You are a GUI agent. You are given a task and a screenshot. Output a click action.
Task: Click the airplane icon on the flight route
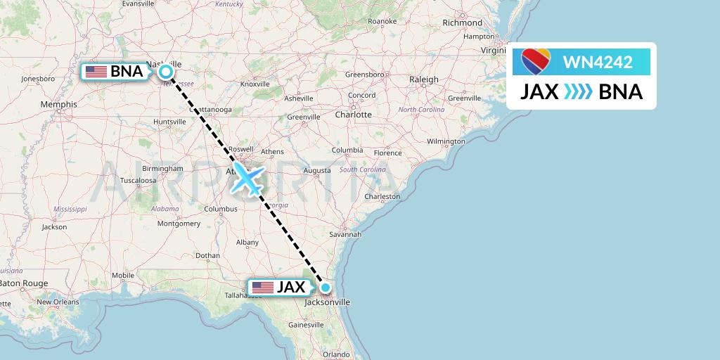246,179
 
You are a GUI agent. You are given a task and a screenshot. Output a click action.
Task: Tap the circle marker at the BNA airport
166,71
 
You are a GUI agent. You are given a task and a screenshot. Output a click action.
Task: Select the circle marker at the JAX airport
326,287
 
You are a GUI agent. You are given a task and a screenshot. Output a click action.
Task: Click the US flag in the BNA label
96,71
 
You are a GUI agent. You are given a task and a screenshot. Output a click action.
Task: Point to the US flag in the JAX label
262,287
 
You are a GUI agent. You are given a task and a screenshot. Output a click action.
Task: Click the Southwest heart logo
536,62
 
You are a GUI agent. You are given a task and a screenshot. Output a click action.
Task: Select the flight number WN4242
598,63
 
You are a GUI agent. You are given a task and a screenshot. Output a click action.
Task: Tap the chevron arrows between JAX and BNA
579,92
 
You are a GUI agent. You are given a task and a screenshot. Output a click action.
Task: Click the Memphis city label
58,104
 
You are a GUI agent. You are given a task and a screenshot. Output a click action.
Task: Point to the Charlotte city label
353,114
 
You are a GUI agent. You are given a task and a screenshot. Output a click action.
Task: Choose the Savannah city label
345,234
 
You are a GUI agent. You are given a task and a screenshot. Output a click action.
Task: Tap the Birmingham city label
162,169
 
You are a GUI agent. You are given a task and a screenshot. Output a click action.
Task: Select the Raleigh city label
424,79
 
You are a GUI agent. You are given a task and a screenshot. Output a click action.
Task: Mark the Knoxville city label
255,84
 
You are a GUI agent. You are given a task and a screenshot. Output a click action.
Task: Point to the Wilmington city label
446,141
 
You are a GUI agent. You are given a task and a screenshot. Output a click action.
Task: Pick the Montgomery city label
179,224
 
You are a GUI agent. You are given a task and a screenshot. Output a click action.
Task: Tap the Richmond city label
462,22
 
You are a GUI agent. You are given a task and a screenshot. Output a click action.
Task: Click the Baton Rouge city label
25,283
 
